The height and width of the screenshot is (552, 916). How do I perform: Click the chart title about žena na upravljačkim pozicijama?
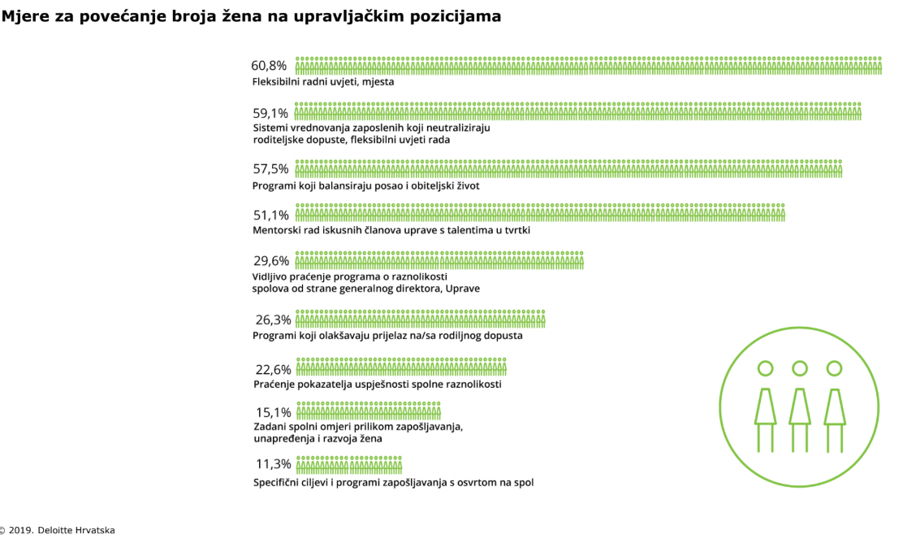(251, 16)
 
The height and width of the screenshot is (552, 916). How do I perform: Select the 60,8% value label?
(269, 66)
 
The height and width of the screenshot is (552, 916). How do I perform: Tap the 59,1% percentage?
(270, 112)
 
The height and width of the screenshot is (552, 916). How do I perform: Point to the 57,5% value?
(270, 169)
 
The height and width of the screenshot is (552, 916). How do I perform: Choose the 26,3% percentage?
(273, 319)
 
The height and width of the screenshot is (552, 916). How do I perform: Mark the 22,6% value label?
(273, 369)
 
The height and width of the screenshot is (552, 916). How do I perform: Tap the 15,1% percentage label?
(273, 412)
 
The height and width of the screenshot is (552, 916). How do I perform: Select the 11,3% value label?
(273, 464)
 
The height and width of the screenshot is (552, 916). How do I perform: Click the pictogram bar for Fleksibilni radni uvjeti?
(588, 66)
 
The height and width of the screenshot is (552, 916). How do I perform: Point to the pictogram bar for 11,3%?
(349, 464)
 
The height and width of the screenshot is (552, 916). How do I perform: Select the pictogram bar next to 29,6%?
(439, 260)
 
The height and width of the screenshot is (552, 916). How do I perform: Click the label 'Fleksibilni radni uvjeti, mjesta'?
(322, 82)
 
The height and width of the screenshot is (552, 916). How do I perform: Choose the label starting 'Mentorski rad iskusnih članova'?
(391, 230)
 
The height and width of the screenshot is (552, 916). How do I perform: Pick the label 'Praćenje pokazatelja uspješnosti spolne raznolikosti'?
(377, 384)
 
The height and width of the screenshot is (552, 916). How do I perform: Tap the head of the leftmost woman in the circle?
(765, 368)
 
